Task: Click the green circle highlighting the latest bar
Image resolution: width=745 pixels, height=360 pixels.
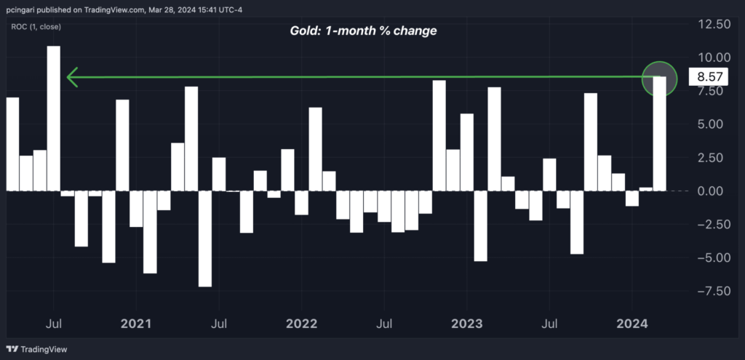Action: point(660,77)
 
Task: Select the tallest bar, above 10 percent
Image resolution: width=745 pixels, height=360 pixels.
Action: point(53,116)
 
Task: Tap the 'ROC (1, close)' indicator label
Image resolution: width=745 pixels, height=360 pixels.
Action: point(36,27)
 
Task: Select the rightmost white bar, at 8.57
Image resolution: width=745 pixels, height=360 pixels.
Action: point(660,133)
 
